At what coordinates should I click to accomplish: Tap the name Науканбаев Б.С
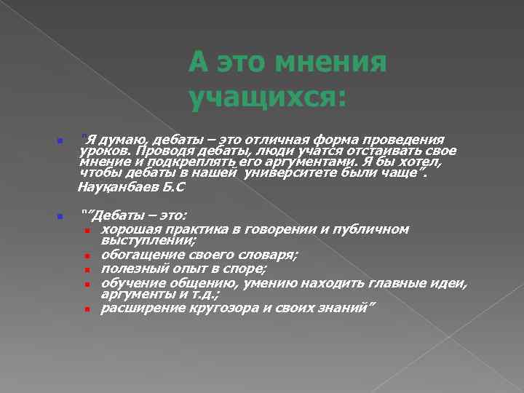pos(132,187)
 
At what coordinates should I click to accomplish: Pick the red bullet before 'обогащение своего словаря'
pos(87,256)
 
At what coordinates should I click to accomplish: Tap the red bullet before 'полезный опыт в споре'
pos(87,270)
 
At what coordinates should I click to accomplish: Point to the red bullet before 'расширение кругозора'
pos(87,309)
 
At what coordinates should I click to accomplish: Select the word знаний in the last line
pos(344,307)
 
